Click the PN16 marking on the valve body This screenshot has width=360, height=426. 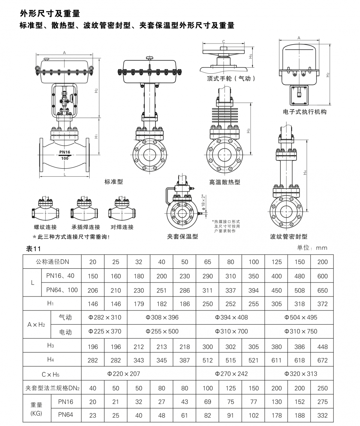pyautogui.click(x=65, y=152)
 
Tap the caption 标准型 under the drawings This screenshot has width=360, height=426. pyautogui.click(x=114, y=181)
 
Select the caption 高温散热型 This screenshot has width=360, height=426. pyautogui.click(x=225, y=182)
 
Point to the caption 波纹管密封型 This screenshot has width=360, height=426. pyautogui.click(x=288, y=236)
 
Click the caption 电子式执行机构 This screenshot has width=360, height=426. pyautogui.click(x=305, y=112)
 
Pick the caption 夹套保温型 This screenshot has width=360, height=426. pyautogui.click(x=183, y=236)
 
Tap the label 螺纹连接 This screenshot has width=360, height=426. pyautogui.click(x=45, y=227)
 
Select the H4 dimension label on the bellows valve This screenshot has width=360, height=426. pyautogui.click(x=305, y=172)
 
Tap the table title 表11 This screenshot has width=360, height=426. pyautogui.click(x=33, y=249)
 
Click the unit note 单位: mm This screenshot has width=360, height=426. pyautogui.click(x=312, y=248)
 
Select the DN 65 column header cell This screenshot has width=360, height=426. pyautogui.click(x=207, y=262)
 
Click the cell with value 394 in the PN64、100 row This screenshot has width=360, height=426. pyautogui.click(x=253, y=290)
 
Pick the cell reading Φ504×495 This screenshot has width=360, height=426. pyautogui.click(x=301, y=317)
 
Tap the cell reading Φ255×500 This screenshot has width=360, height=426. pyautogui.click(x=162, y=331)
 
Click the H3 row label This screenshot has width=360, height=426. pyautogui.click(x=50, y=345)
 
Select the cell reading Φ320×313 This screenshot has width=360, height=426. pyautogui.click(x=301, y=373)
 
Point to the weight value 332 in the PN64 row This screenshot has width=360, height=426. pyautogui.click(x=323, y=416)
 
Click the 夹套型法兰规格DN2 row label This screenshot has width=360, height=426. pyautogui.click(x=52, y=388)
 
